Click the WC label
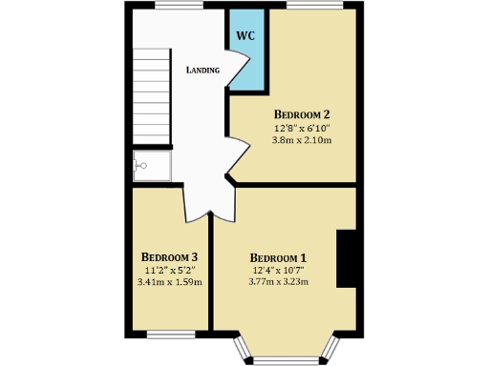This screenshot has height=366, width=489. click(245, 36)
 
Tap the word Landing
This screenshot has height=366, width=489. click(202, 70)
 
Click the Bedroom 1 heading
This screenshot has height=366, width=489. click(278, 257)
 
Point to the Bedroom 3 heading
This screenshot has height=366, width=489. click(169, 257)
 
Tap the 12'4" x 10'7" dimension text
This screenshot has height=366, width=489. click(278, 270)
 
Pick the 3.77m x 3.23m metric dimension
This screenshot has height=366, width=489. click(278, 282)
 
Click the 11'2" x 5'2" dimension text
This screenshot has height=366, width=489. click(169, 270)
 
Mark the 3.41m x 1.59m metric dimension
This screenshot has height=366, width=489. click(169, 282)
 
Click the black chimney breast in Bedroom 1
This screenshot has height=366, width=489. click(348, 258)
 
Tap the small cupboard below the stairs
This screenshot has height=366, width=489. click(152, 167)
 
